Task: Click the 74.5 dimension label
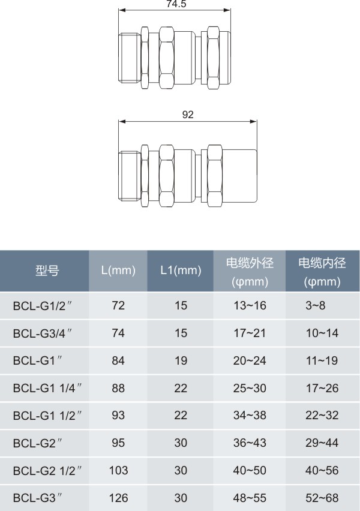[x=176, y=4]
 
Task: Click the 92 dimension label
[x=188, y=115]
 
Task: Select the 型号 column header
[x=47, y=270]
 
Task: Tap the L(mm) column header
[x=118, y=270]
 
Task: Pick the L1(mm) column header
[x=181, y=270]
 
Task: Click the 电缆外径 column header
[x=250, y=263]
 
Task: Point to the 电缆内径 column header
[x=322, y=263]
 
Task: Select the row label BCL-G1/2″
[x=43, y=306]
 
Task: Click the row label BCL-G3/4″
[x=43, y=333]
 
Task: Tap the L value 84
[x=118, y=361]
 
